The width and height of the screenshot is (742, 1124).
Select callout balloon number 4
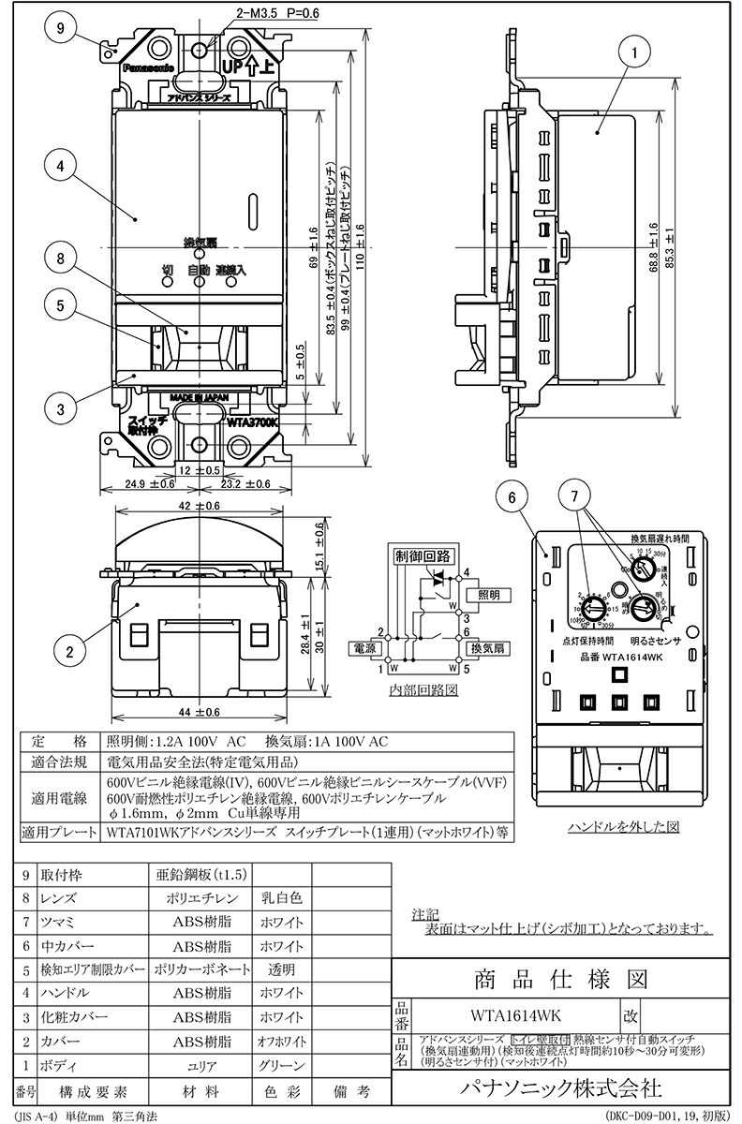tap(59, 166)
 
